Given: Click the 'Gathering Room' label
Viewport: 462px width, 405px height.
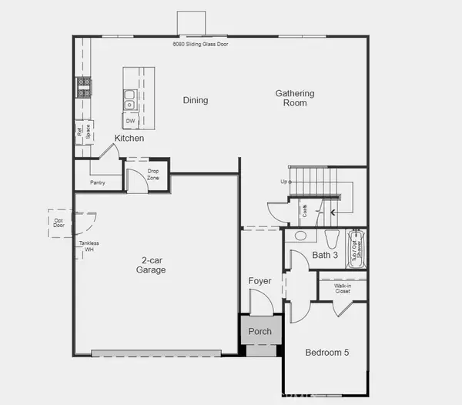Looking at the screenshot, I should click(x=295, y=99).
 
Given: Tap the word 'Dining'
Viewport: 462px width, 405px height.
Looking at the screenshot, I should click(x=196, y=100).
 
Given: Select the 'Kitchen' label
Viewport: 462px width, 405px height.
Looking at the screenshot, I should click(x=129, y=139).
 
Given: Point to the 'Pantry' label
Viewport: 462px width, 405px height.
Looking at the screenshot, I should click(x=97, y=182).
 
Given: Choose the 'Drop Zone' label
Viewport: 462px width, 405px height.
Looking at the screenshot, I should click(x=153, y=174).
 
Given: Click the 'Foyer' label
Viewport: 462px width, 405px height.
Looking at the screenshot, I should click(x=259, y=281).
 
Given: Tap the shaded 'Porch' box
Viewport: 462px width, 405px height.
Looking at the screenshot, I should click(x=260, y=332).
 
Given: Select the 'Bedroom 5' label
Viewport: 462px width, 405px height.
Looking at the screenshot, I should click(x=327, y=353).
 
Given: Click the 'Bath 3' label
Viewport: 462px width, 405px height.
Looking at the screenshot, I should click(x=325, y=255).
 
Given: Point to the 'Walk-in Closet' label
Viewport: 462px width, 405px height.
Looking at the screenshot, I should click(x=343, y=289).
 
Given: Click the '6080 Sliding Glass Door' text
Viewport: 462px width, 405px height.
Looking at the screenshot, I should click(x=200, y=45).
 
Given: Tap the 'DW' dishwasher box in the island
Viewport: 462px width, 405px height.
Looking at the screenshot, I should click(x=130, y=121).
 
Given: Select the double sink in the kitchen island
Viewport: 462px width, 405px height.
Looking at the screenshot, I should click(x=130, y=99).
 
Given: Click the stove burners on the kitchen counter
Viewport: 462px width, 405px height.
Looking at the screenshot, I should click(x=82, y=87).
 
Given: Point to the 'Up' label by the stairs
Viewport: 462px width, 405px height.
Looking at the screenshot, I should click(x=285, y=182).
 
